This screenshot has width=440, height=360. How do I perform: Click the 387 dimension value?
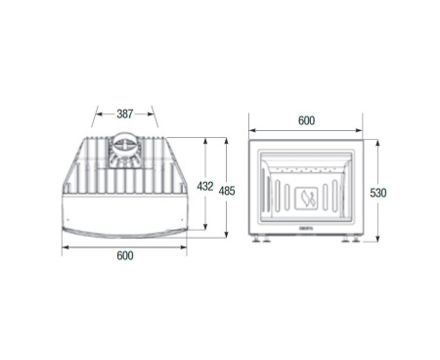[x=125, y=114]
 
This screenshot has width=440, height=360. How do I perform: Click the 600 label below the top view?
[x=125, y=256]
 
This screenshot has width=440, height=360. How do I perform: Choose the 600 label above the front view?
[x=306, y=120]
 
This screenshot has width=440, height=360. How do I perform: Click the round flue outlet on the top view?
[x=124, y=150]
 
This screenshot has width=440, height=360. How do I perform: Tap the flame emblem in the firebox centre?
[x=307, y=200]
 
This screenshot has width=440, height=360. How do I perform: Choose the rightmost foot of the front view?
[x=354, y=241]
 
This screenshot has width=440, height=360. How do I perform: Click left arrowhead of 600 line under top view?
[x=65, y=245]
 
